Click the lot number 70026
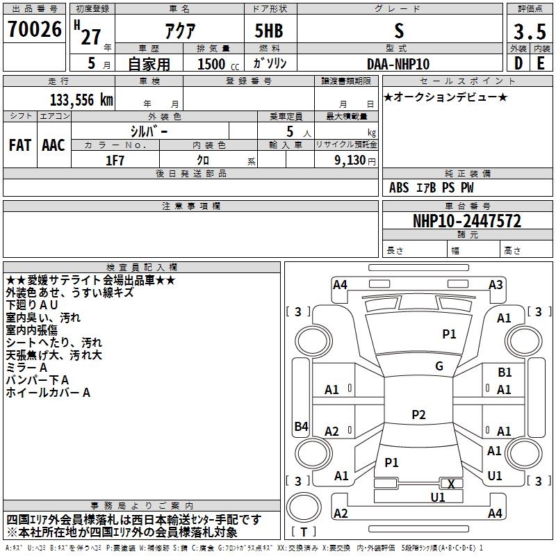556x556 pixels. [34, 29]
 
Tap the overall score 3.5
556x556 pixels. [530, 31]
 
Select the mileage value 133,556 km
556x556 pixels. [81, 100]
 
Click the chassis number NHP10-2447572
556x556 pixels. [467, 221]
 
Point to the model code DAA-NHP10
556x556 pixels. [398, 64]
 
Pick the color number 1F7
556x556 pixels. [115, 161]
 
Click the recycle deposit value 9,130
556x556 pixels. [350, 161]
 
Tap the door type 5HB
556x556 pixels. [269, 31]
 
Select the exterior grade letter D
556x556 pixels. [518, 63]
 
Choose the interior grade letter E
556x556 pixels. [541, 63]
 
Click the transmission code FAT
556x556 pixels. [20, 145]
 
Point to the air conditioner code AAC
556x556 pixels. [54, 145]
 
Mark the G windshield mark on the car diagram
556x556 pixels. [439, 366]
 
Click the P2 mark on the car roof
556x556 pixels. [418, 414]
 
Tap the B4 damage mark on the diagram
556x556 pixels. [302, 426]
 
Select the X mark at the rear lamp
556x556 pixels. [451, 484]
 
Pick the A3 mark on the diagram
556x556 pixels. [496, 285]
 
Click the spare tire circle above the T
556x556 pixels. [304, 507]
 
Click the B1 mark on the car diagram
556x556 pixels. [505, 373]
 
